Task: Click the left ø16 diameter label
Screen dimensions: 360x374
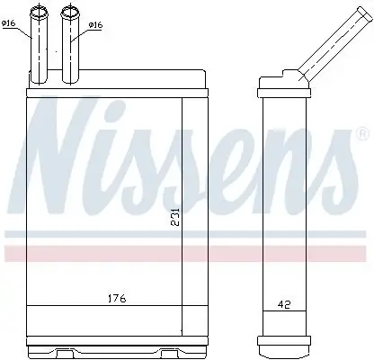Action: click(10, 23)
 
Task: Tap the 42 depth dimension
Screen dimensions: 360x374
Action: click(284, 306)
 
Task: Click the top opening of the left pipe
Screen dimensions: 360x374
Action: click(40, 11)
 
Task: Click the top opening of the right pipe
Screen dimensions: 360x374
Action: click(69, 11)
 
